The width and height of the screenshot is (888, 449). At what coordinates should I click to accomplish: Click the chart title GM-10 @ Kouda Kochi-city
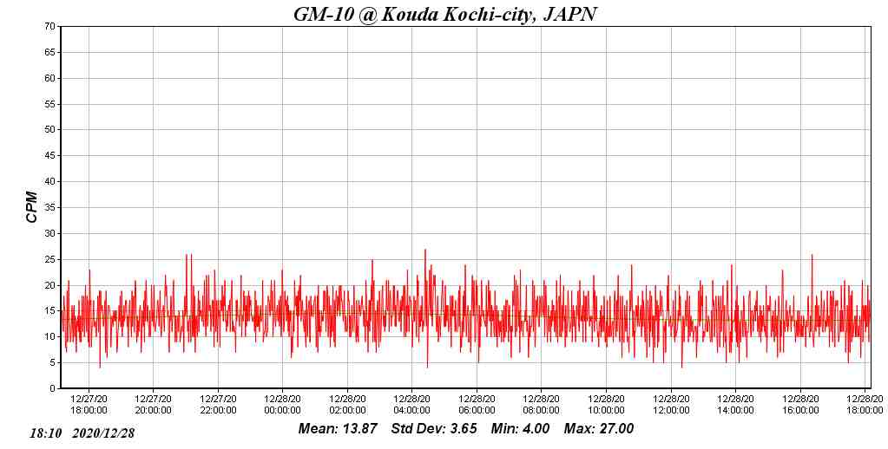coord(444,14)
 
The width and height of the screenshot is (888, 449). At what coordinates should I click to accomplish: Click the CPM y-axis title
coord(32,207)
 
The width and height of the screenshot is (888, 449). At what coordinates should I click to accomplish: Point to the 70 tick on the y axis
coord(50,27)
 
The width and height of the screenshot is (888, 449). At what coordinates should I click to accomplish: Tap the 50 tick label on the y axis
coord(50,130)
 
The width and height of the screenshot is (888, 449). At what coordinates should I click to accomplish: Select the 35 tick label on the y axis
coord(50,208)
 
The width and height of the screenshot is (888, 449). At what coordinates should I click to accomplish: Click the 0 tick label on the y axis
coord(53,389)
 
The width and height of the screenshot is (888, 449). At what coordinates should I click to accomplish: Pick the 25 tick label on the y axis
coord(50,259)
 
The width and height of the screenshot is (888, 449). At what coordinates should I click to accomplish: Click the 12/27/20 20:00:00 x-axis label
coord(153,405)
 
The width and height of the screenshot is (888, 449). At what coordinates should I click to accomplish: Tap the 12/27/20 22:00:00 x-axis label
coord(218,405)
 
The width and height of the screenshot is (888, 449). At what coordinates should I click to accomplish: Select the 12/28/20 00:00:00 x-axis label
coord(282,405)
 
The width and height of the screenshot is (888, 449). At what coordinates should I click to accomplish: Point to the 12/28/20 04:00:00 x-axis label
coord(411,405)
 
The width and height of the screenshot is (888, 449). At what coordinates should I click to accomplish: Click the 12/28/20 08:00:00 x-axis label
coord(541,405)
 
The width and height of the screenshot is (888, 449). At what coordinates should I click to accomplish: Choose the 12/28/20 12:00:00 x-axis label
coord(670,405)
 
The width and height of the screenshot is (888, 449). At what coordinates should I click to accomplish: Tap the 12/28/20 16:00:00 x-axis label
coord(799,405)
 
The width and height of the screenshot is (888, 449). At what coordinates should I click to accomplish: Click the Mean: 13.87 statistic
coord(338,429)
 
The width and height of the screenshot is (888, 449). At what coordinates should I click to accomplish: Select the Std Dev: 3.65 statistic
coord(434,429)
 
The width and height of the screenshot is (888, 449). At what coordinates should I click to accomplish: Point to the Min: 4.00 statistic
coord(520,429)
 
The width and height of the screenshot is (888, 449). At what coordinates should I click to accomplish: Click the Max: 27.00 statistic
coord(599,429)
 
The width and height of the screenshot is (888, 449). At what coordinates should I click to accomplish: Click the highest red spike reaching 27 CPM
coord(425,251)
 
